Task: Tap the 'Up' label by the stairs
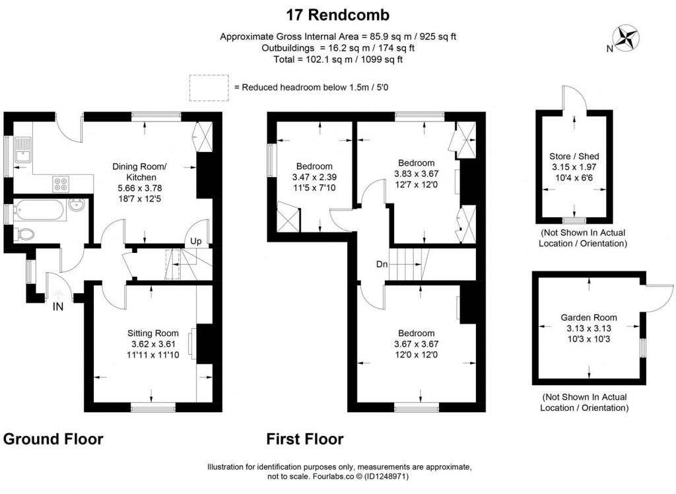coord(195,242)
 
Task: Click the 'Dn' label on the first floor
coord(381,264)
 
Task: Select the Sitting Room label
coord(153,333)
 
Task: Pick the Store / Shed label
coord(574,157)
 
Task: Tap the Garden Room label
coord(589,318)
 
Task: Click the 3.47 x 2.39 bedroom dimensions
coord(314,177)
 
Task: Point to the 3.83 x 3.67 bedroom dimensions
coord(416,174)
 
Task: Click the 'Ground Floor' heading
coord(53,439)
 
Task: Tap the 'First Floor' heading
coord(304,439)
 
